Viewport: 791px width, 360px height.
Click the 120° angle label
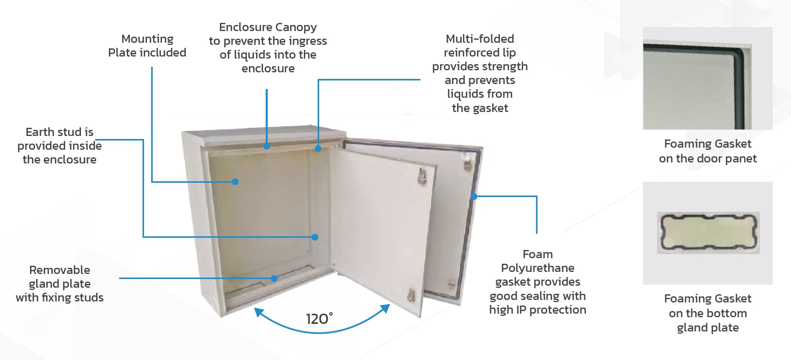click(x=319, y=319)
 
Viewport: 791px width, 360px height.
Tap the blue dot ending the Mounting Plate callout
click(x=235, y=182)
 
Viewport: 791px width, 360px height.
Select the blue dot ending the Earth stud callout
click(x=315, y=237)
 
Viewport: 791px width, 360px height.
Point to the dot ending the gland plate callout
click(x=274, y=279)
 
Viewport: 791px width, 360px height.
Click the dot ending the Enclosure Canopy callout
click(x=267, y=146)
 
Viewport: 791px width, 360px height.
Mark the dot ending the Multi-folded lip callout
click(x=318, y=149)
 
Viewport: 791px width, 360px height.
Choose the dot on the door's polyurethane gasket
click(x=474, y=197)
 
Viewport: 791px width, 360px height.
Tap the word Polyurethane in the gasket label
click(x=538, y=268)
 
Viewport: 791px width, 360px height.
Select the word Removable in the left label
click(x=60, y=270)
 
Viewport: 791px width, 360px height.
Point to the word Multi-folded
click(x=480, y=39)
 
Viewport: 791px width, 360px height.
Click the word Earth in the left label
click(x=40, y=132)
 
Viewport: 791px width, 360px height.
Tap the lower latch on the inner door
click(x=411, y=295)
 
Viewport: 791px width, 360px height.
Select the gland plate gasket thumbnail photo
click(x=708, y=233)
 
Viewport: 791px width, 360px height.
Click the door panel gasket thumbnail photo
click(x=708, y=78)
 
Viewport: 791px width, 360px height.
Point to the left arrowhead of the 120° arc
click(x=259, y=312)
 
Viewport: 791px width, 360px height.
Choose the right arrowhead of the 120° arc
click(x=386, y=309)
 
